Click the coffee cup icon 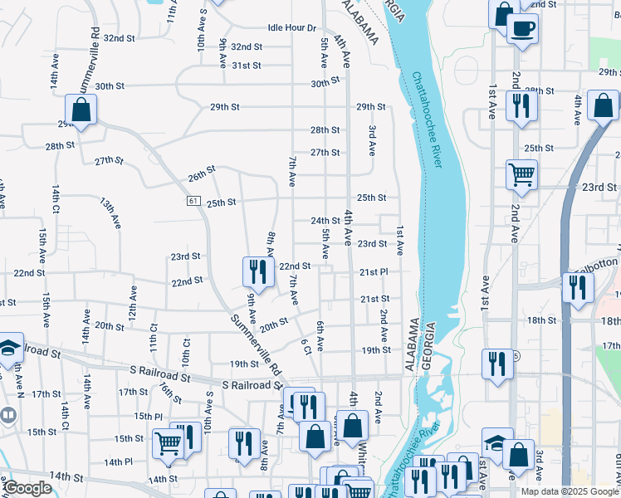[x=522, y=29]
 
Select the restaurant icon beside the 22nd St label [x=258, y=271]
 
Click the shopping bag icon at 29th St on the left [x=81, y=110]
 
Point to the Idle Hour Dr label [x=292, y=27]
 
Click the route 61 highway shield [x=193, y=201]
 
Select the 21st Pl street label [x=374, y=272]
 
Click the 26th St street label [x=201, y=176]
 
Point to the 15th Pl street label [x=148, y=417]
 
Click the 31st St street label [x=247, y=66]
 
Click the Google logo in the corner [x=27, y=488]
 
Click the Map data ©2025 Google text [x=570, y=491]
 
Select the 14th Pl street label [x=119, y=461]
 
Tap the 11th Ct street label [x=153, y=342]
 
